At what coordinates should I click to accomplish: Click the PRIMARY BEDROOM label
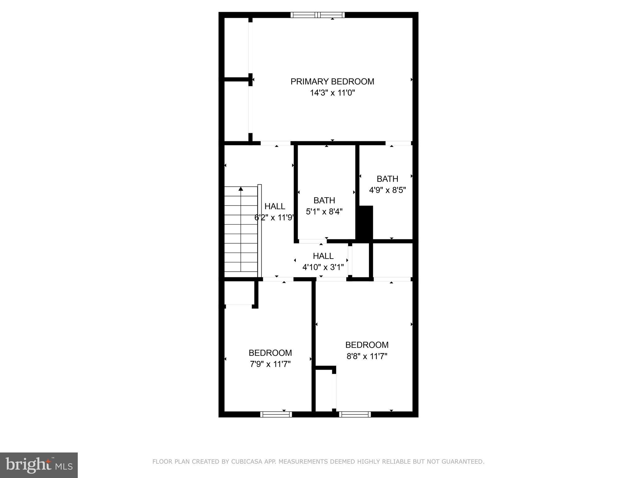[x=332, y=82]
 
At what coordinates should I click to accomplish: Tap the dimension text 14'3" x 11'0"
[x=332, y=93]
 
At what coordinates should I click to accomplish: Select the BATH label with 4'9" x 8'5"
[x=387, y=179]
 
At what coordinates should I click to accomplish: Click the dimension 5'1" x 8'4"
[x=324, y=212]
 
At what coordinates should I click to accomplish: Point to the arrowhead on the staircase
[x=241, y=189]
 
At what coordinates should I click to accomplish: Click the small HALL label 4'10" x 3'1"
[x=323, y=256]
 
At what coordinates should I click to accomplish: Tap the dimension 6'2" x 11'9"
[x=274, y=218]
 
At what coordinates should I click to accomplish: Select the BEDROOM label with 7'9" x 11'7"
[x=270, y=353]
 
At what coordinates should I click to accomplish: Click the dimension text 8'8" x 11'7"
[x=367, y=356]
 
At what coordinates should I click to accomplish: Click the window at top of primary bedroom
[x=318, y=15]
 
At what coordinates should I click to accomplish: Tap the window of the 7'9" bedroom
[x=276, y=414]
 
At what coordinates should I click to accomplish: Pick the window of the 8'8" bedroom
[x=355, y=414]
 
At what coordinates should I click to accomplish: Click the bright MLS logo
[x=39, y=465]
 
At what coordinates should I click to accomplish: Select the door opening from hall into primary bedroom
[x=275, y=143]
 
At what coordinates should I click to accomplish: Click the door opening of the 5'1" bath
[x=312, y=241]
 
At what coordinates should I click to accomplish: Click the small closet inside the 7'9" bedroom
[x=239, y=293]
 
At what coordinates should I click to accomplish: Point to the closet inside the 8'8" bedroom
[x=324, y=390]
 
